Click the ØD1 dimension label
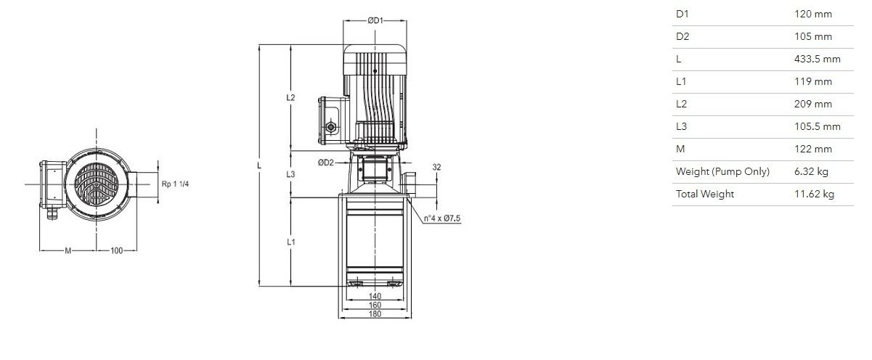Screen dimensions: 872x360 [x=375, y=20]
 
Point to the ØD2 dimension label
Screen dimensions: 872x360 [x=326, y=163]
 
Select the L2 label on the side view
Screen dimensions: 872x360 [x=291, y=98]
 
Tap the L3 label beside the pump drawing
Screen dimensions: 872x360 [x=291, y=174]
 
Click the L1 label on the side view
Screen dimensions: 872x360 [x=291, y=242]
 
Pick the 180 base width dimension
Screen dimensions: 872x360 [x=375, y=314]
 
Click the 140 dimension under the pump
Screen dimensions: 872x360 [x=375, y=297]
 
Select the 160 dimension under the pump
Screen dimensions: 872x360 [x=375, y=305]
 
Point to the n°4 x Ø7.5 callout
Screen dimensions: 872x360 [x=442, y=218]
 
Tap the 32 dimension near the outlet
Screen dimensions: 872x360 [x=437, y=167]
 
